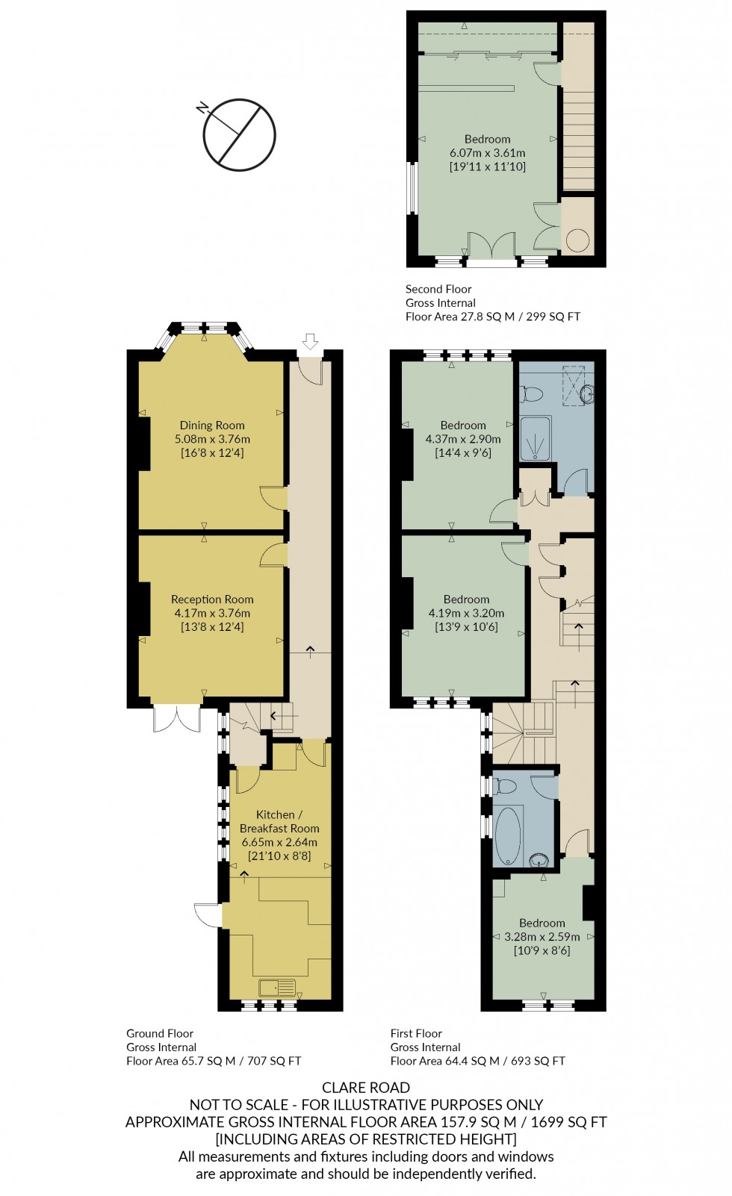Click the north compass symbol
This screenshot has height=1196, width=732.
[x=239, y=135]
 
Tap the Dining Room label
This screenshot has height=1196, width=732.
[x=212, y=426]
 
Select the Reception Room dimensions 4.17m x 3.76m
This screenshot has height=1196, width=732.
[x=212, y=614]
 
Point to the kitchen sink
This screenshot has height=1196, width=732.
[x=277, y=988]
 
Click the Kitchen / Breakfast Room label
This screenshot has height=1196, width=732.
[x=279, y=822]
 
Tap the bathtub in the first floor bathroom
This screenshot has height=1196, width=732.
[x=508, y=834]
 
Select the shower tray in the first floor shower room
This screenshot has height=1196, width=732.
[x=535, y=437]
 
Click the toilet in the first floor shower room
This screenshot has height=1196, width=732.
[x=532, y=393]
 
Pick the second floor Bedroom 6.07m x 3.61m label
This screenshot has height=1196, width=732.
[x=487, y=140]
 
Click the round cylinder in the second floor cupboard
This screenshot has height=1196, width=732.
[x=577, y=240]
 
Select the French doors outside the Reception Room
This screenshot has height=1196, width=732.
[x=177, y=718]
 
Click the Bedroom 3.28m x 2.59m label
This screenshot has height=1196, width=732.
[x=542, y=924]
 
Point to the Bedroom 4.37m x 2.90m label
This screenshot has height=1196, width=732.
[x=463, y=426]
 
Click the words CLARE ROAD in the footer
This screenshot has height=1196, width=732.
[x=366, y=1088]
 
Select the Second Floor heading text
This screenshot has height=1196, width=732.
[x=438, y=289]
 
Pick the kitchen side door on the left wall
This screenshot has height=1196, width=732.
[x=208, y=915]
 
